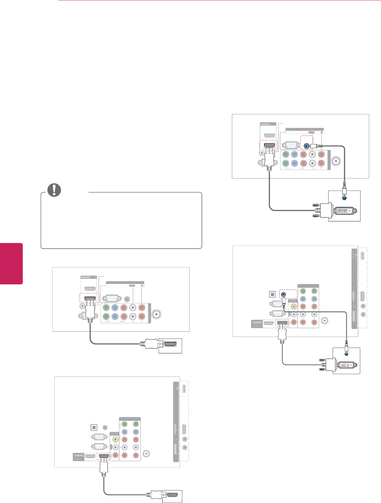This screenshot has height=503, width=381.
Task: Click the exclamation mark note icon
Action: pyautogui.click(x=54, y=190)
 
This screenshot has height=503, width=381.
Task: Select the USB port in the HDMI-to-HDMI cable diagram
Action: pyautogui.click(x=184, y=389)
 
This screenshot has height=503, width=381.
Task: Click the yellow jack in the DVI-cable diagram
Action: pyautogui.click(x=294, y=306)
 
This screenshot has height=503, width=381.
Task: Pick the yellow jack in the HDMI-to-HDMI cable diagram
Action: pyautogui.click(x=116, y=440)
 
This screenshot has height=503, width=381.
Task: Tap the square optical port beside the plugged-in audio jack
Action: pyautogui.click(x=272, y=295)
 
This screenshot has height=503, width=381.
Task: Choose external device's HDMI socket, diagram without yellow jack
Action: pyautogui.click(x=170, y=344)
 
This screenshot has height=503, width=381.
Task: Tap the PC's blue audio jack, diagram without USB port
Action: pyautogui.click(x=344, y=198)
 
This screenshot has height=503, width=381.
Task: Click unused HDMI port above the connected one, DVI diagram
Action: pyautogui.click(x=269, y=136)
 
